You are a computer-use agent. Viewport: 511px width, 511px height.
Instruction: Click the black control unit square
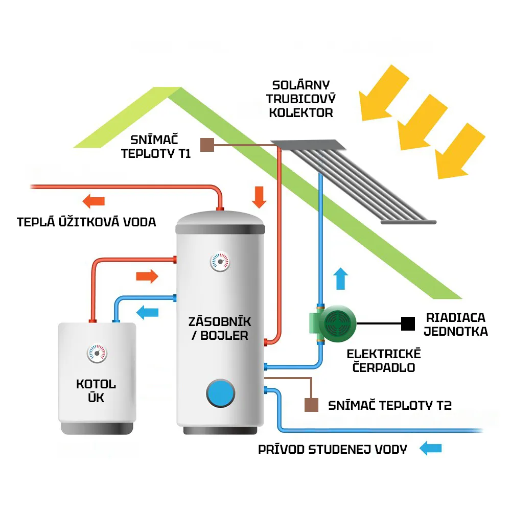[x=407, y=323]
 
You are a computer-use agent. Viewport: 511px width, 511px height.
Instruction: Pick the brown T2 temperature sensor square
[x=311, y=405]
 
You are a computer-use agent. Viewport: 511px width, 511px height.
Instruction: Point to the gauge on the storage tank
[x=220, y=262]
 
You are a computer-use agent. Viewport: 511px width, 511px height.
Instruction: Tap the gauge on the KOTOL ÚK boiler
[x=97, y=353]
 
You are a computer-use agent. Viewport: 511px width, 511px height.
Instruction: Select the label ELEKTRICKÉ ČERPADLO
[x=383, y=360]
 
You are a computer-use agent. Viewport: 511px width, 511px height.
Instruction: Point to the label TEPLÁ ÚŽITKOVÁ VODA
[x=86, y=222]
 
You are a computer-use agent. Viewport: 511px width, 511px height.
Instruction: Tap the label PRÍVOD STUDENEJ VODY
[x=333, y=450]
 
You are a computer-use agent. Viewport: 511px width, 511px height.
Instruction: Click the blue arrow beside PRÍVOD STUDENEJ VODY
[x=430, y=449]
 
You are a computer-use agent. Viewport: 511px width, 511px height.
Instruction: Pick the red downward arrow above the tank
[x=260, y=197]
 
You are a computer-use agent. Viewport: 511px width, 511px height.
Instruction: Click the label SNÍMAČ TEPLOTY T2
[x=390, y=406]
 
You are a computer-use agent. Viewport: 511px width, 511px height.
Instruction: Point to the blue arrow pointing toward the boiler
[x=147, y=311]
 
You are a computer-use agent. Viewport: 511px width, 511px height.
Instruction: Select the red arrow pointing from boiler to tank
[x=147, y=276]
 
